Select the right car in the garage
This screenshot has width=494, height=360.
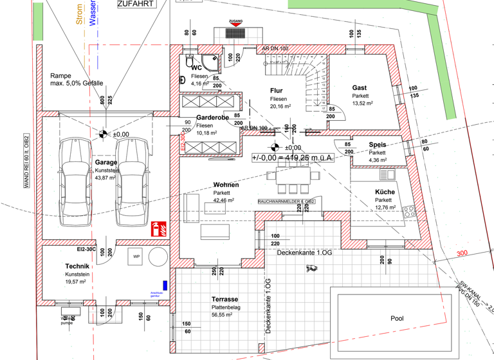(131, 181)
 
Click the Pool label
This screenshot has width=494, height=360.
(397, 318)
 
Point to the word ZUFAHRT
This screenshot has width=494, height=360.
(136, 4)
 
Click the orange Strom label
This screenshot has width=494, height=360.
(79, 15)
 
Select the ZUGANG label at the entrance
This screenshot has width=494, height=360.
(235, 21)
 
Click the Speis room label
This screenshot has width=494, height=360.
(378, 145)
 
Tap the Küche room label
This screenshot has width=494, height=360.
(385, 192)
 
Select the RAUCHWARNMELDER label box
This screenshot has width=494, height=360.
(286, 201)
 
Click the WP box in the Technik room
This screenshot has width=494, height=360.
(136, 256)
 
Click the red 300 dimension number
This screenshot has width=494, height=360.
(461, 254)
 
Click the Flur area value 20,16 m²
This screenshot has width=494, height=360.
(280, 107)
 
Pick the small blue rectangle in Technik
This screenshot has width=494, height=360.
(165, 284)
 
